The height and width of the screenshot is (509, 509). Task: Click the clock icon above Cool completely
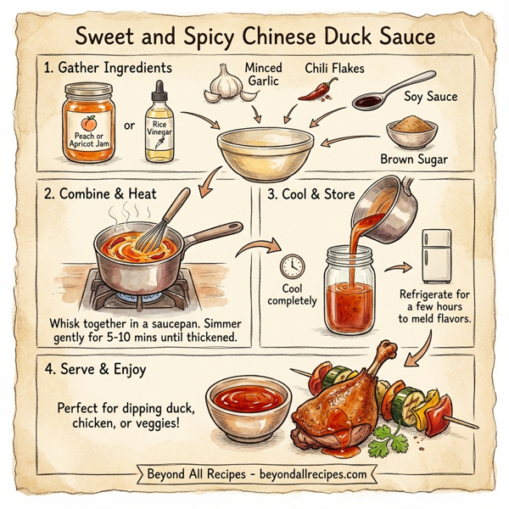pyautogui.click(x=291, y=266)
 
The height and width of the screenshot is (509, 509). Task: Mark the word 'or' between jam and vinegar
pyautogui.click(x=130, y=126)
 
